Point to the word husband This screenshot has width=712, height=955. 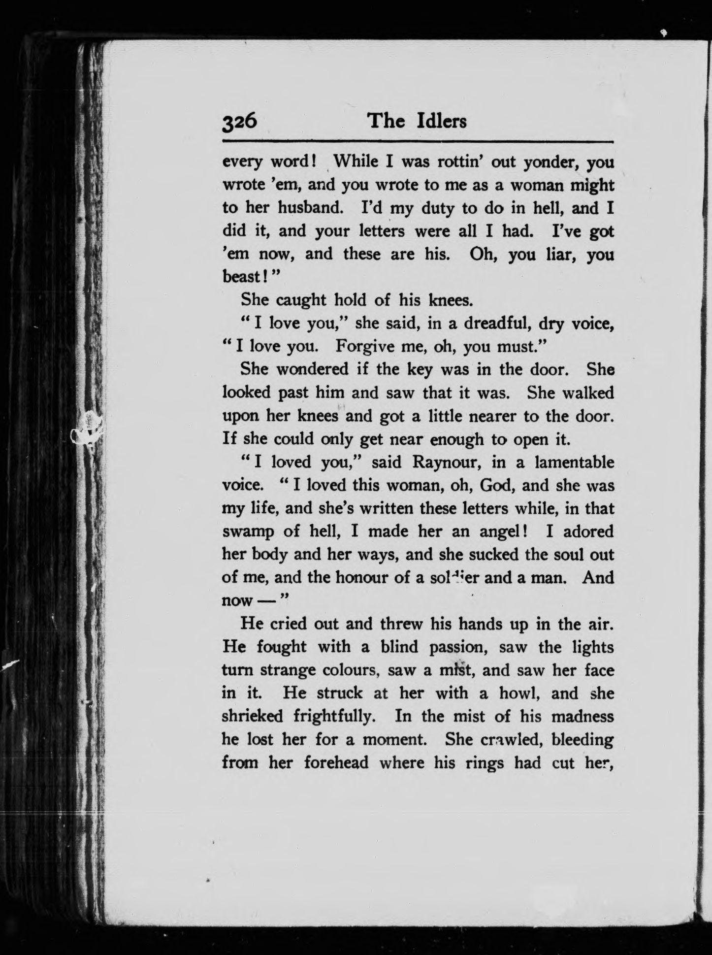click(310, 208)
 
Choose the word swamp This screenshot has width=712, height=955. click(248, 532)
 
